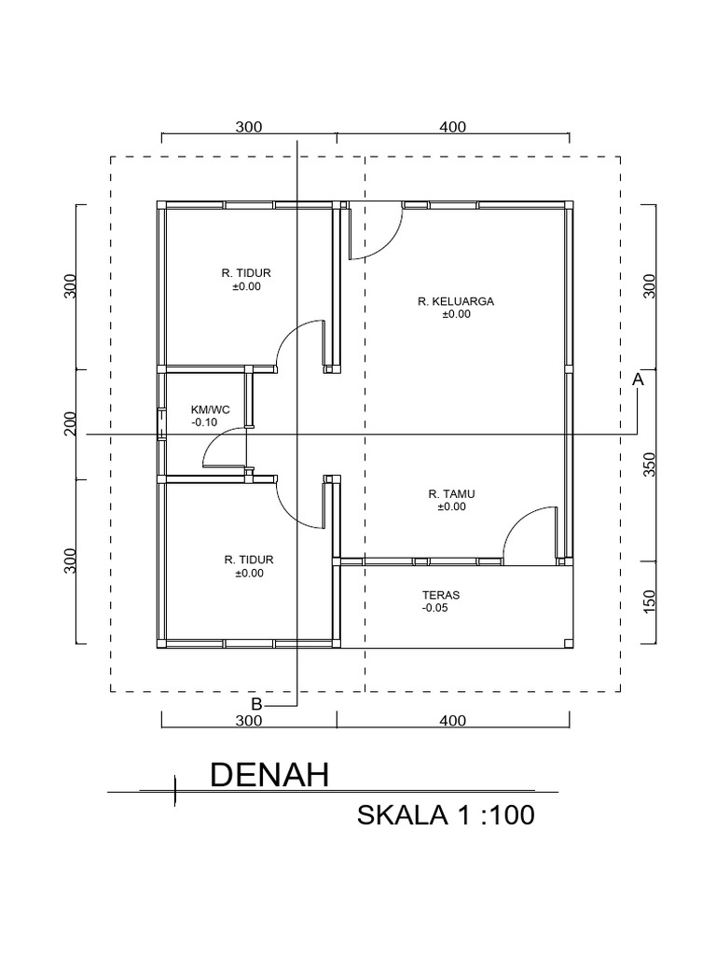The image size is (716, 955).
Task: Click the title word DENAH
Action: (269, 775)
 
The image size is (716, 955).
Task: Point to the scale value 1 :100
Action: (494, 816)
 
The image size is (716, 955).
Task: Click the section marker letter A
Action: (638, 380)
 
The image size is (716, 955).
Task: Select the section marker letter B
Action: (256, 702)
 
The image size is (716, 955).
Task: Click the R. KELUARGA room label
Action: (456, 301)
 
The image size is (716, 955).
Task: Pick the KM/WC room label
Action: (209, 409)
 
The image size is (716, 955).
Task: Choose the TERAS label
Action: (440, 594)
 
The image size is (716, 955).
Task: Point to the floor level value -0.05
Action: (434, 608)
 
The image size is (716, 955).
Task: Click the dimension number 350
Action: (650, 464)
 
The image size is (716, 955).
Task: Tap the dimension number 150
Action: (650, 602)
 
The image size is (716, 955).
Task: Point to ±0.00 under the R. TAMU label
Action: (451, 507)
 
